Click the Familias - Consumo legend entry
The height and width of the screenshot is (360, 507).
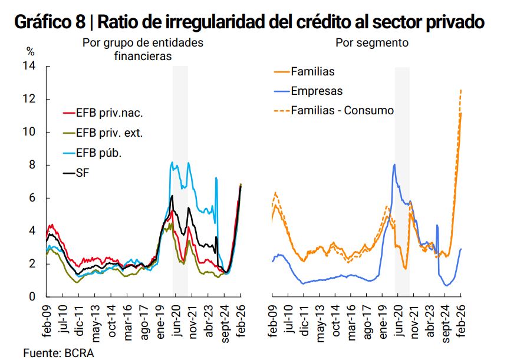pyautogui.click(x=342, y=111)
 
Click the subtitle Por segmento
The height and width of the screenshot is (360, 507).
pyautogui.click(x=371, y=43)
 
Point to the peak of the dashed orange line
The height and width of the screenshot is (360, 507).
pyautogui.click(x=460, y=90)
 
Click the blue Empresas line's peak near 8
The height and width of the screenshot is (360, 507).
pyautogui.click(x=394, y=164)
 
